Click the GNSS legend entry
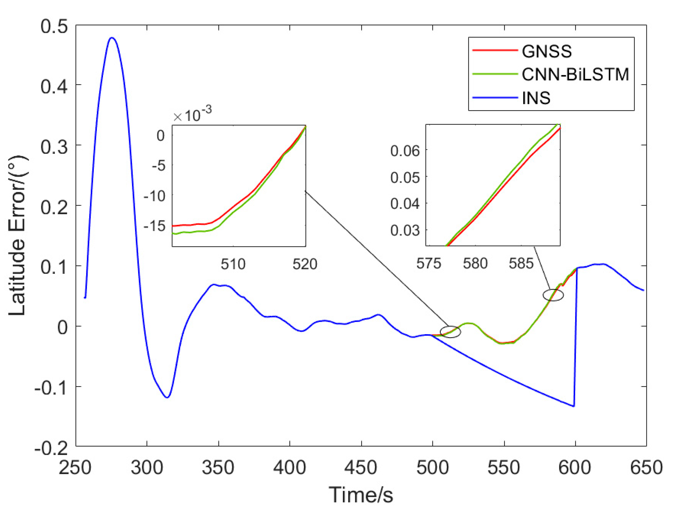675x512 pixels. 546,51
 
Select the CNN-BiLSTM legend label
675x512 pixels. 575,74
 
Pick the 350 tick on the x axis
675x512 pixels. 218,467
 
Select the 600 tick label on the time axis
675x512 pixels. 575,467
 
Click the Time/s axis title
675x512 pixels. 361,495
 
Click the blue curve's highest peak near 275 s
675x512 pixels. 112,38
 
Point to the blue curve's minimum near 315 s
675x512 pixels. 167,397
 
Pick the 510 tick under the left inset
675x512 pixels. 233,264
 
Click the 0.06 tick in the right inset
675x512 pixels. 405,150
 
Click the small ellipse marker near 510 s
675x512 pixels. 450,332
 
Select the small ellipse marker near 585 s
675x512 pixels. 553,295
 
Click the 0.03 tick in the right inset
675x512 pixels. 405,230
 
